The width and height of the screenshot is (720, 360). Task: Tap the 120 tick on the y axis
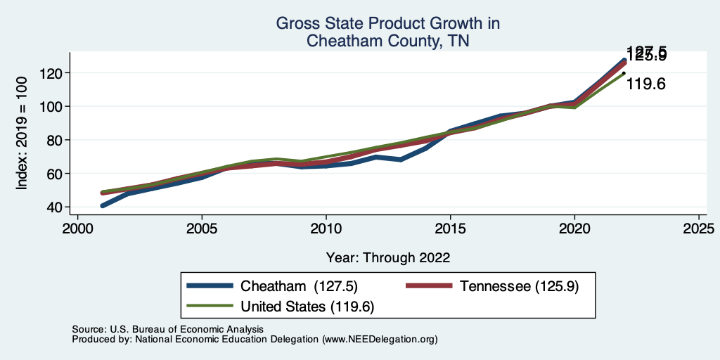click(x=53, y=73)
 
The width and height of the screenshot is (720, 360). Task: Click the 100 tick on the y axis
click(x=53, y=106)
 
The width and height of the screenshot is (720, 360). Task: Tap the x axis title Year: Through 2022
click(x=388, y=257)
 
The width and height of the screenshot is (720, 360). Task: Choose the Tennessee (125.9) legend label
click(x=519, y=286)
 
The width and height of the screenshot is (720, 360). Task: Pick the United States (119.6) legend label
click(x=307, y=307)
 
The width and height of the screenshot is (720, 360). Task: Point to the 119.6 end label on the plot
click(x=645, y=84)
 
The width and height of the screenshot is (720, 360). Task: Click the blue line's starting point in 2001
click(x=103, y=206)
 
